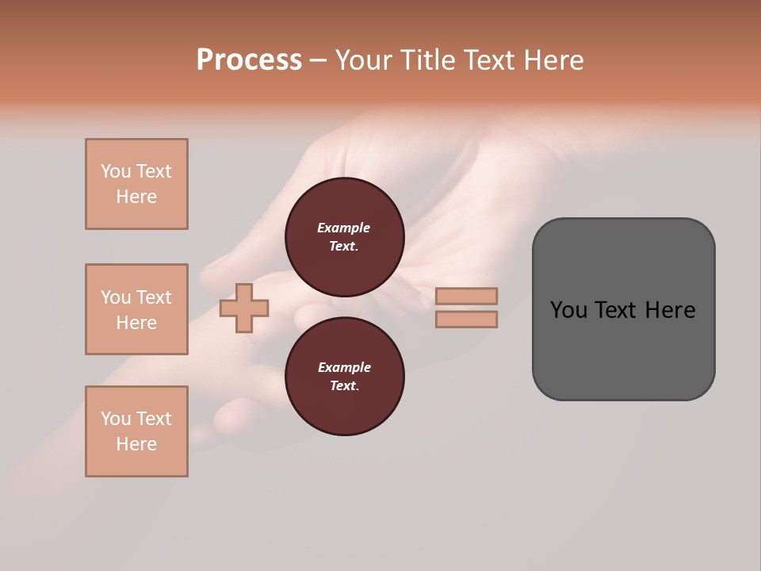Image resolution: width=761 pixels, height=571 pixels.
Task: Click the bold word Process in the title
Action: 249,60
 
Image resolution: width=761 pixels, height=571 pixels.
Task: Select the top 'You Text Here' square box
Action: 136,184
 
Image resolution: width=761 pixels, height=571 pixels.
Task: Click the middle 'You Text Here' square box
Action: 136,309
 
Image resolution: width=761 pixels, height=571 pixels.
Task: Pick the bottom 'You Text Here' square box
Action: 136,431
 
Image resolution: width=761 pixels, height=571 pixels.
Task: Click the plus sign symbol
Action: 244,308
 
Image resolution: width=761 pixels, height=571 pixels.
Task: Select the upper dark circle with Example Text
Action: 345,237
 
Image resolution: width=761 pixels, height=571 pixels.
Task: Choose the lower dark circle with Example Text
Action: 345,377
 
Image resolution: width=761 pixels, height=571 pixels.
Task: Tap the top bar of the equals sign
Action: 466,296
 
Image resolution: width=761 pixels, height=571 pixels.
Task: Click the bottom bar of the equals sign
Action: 466,319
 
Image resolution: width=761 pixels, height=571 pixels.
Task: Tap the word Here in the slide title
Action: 553,60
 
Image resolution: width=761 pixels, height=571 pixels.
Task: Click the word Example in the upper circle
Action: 344,228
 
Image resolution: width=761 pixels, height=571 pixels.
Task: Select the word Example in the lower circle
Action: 344,367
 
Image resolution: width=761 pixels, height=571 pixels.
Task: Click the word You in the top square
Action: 116,171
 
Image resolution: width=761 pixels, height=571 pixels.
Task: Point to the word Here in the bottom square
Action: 136,444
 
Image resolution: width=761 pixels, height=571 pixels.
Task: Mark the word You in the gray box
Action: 569,310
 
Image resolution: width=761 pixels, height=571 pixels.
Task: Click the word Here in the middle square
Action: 136,323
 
